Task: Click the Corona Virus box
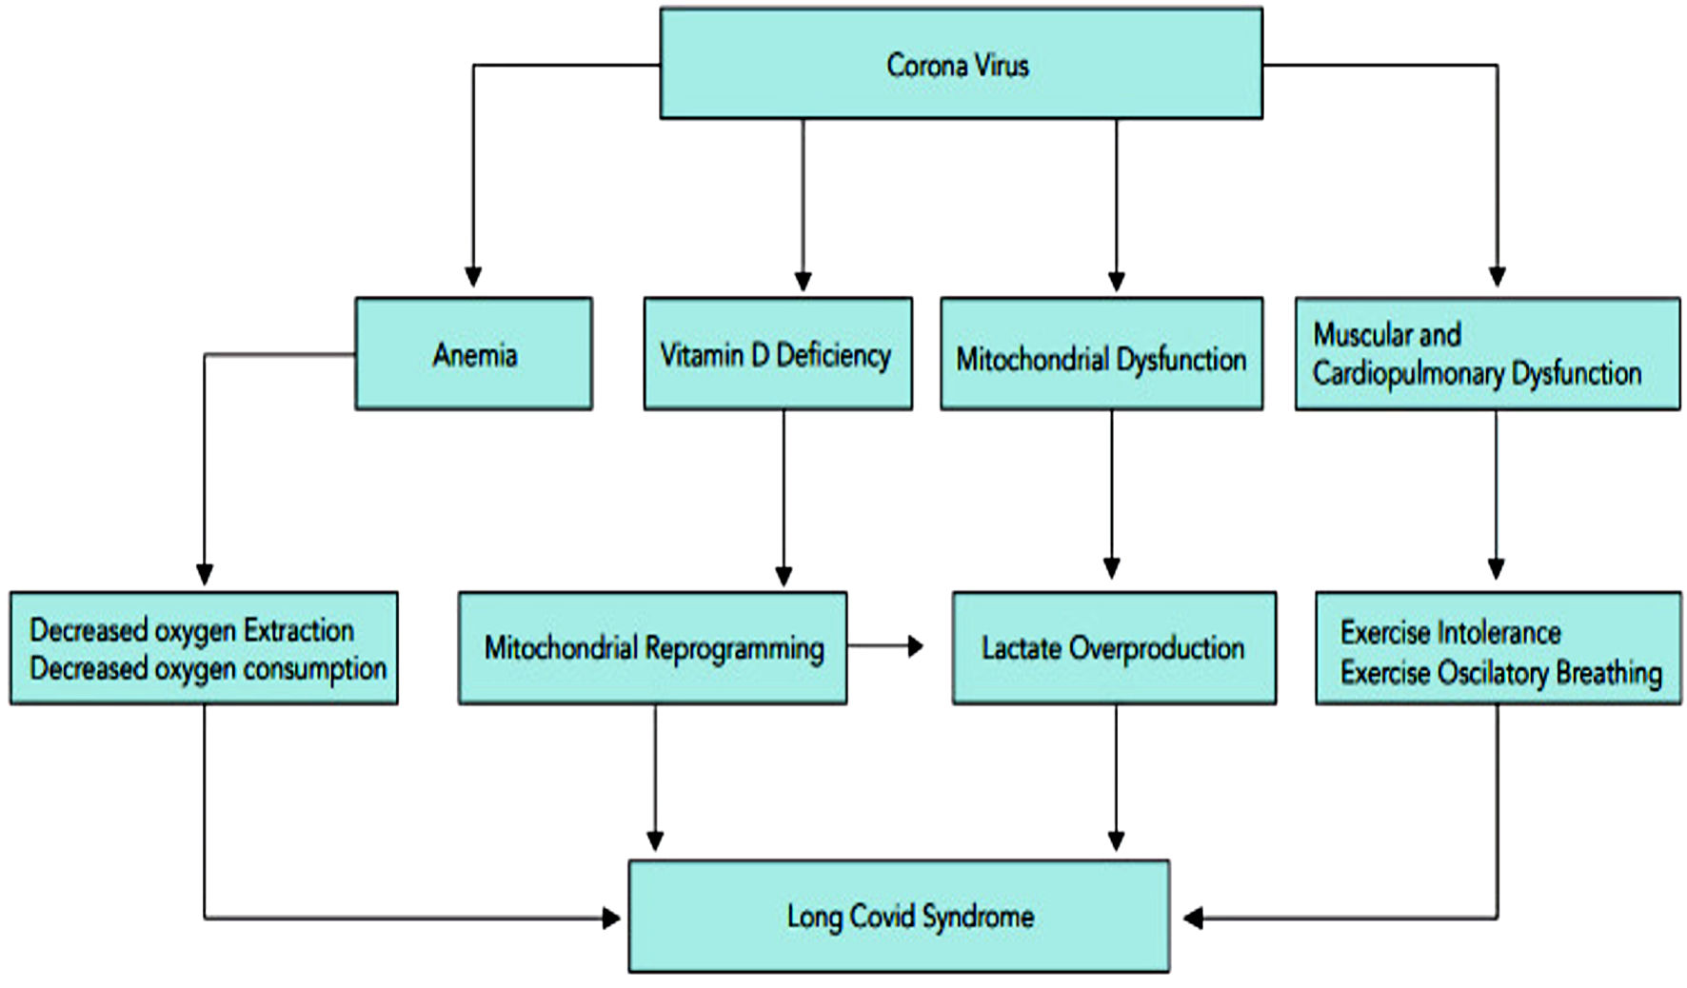coord(962,64)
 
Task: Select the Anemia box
coord(474,354)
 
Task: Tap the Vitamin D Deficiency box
coord(778,354)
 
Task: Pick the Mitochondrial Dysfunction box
coord(1102,354)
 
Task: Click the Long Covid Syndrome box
coord(899,916)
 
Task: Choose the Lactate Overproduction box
coord(1114,648)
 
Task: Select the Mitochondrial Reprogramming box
coord(652,648)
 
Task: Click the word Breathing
coord(1609,673)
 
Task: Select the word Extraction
coord(299,630)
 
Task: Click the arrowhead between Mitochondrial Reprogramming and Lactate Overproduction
coord(915,646)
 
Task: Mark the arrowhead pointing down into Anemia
coord(472,276)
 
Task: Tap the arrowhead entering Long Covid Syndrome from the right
coord(1193,918)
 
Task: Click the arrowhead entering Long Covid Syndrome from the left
coord(611,918)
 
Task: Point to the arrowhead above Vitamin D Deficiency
coord(803,280)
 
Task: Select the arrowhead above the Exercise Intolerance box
coord(1496,568)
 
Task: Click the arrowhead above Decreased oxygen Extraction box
coord(204,574)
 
